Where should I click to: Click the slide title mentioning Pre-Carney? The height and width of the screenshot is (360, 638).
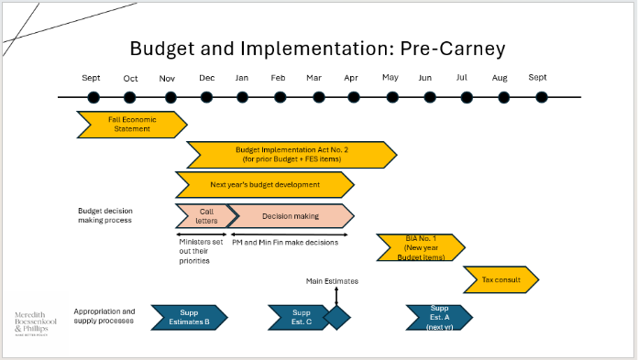[317, 49]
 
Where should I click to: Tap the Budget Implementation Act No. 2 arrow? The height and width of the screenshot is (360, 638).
[291, 154]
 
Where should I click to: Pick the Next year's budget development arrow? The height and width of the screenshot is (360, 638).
[264, 184]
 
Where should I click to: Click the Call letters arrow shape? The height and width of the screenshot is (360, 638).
[203, 215]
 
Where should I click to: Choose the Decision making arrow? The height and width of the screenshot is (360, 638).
[291, 215]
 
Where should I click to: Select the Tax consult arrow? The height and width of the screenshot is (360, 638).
[500, 278]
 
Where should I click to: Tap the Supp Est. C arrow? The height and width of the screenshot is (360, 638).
[292, 317]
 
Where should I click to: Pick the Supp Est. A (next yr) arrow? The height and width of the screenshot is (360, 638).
[439, 317]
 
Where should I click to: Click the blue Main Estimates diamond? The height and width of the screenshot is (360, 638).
[336, 317]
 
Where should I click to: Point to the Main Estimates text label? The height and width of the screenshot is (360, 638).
[332, 281]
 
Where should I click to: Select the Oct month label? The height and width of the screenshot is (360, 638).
[130, 78]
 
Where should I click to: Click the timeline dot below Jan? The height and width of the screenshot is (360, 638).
[243, 97]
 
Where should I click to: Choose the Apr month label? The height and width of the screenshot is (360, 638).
[351, 78]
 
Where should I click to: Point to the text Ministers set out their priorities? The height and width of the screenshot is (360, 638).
[194, 251]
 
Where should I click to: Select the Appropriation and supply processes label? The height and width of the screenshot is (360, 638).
[104, 316]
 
